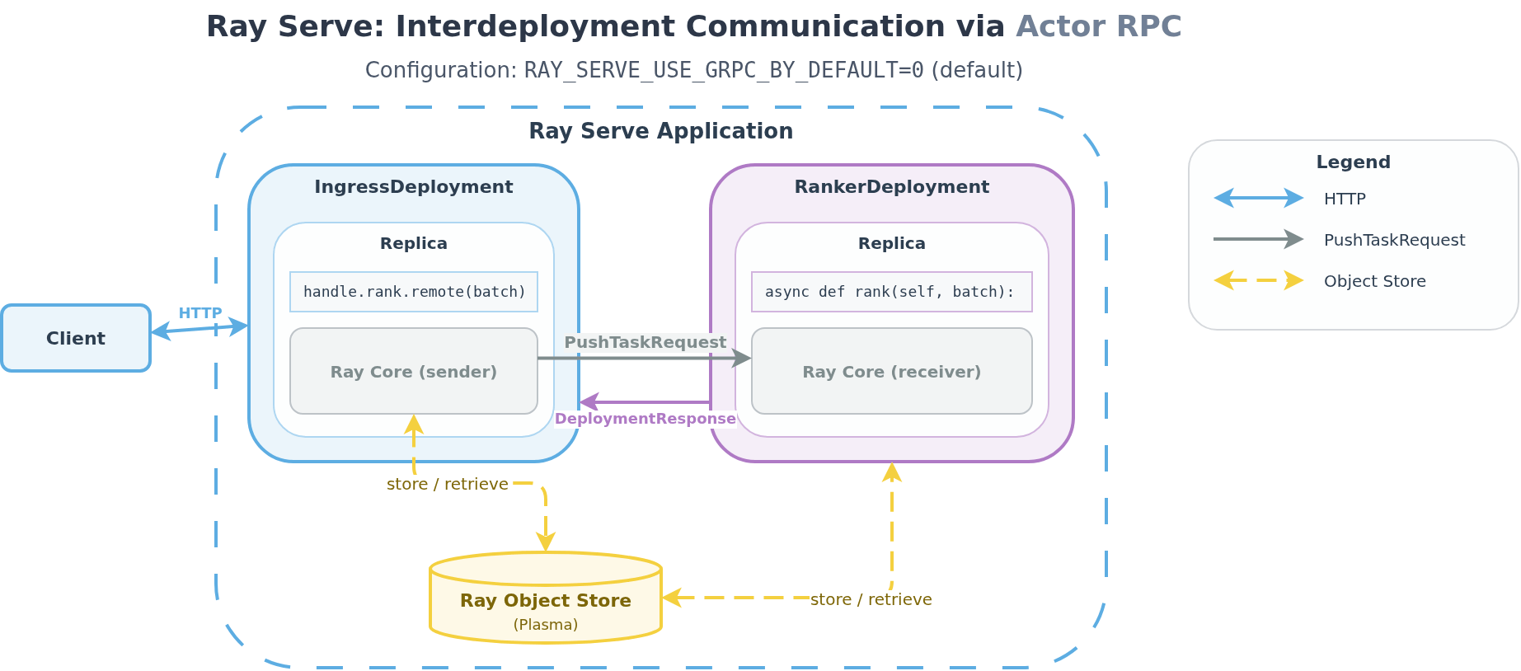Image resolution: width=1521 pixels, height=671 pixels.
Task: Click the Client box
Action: point(76,338)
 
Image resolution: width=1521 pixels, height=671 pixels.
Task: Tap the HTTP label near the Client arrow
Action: point(200,313)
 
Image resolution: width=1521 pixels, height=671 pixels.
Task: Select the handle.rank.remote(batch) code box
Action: point(414,292)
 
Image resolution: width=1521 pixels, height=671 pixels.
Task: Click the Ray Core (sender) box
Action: point(414,372)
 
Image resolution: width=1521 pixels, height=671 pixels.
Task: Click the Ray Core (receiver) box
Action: point(891,372)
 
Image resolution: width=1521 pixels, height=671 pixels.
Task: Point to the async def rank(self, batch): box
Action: point(891,292)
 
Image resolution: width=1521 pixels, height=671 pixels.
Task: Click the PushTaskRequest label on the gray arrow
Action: point(645,342)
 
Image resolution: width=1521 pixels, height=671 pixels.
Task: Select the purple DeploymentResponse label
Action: point(645,419)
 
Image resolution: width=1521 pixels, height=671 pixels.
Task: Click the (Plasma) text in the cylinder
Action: point(545,625)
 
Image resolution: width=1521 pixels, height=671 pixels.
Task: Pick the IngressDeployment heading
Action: point(414,187)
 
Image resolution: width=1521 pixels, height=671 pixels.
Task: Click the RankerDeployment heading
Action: point(891,187)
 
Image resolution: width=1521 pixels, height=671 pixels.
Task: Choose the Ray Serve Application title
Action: point(660,131)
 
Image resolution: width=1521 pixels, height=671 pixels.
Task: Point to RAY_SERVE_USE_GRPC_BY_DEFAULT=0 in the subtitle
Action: point(723,71)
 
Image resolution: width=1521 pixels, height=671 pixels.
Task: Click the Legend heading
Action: point(1353,162)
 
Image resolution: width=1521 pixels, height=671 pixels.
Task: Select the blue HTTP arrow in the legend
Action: point(1258,198)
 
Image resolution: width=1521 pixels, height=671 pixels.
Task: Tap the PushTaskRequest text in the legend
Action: point(1394,240)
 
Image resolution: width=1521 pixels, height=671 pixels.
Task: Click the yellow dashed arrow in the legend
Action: point(1258,280)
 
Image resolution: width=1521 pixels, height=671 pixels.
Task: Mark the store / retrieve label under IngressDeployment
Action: point(447,484)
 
